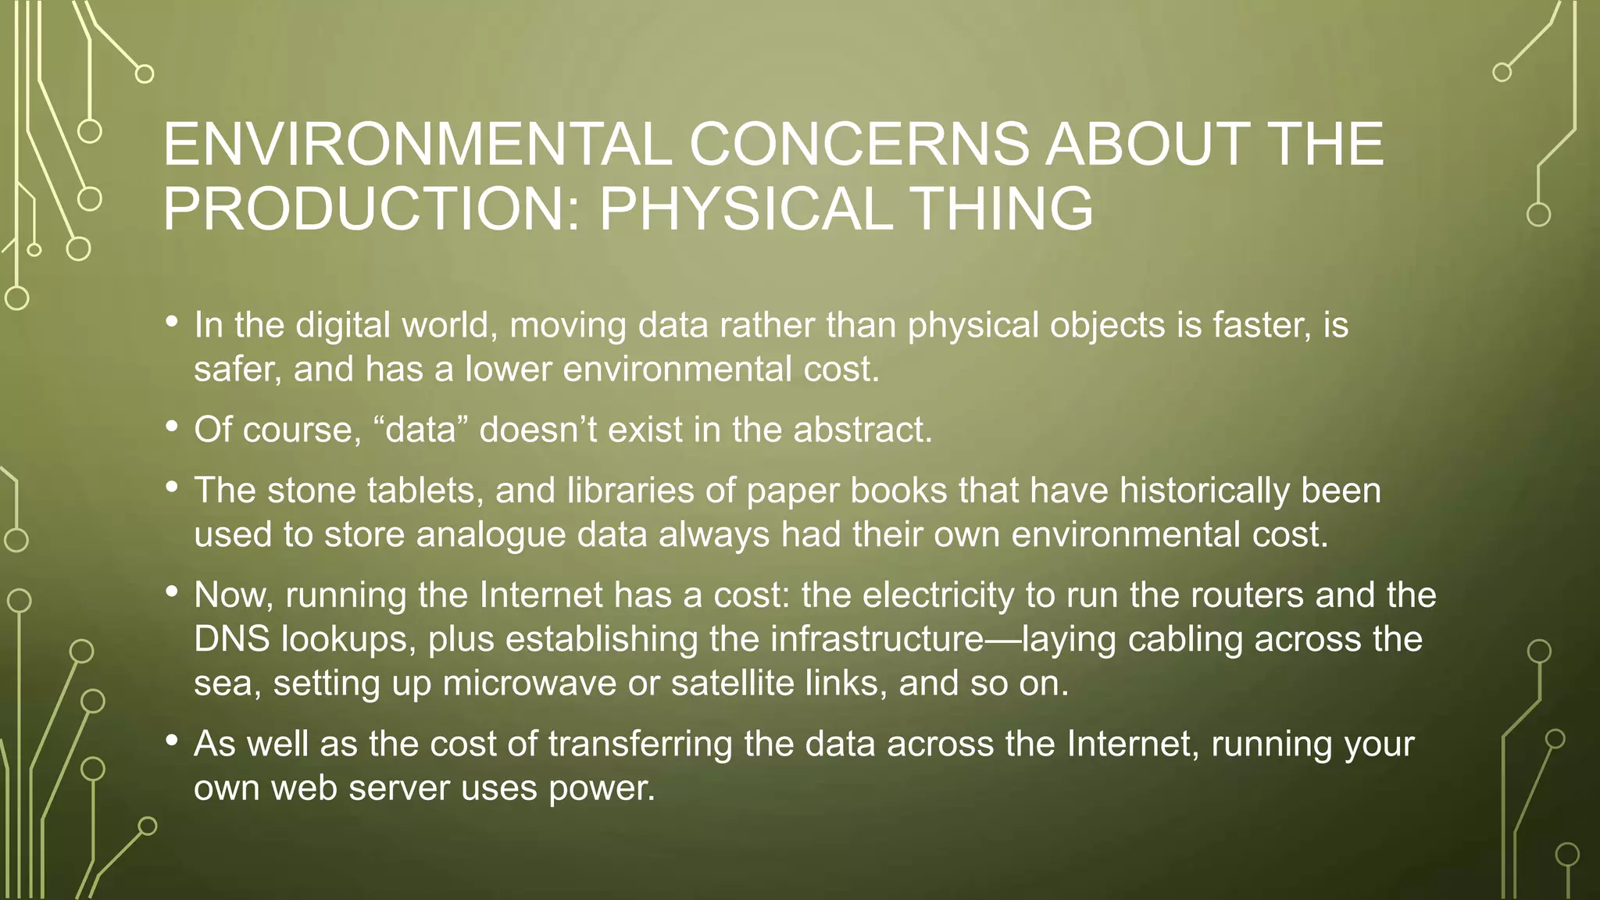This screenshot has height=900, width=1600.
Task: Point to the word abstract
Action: (x=862, y=430)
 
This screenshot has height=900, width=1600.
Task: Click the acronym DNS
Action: (x=232, y=639)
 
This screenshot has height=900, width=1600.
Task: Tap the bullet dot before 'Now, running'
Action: (x=172, y=592)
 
